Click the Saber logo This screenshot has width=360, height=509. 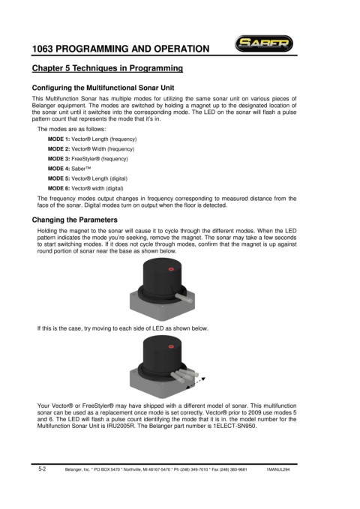click(264, 43)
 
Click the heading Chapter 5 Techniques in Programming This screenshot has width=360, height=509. click(107, 68)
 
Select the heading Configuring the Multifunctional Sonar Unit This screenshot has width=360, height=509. click(103, 88)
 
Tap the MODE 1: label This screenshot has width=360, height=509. click(58, 139)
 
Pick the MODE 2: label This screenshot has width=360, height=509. click(58, 149)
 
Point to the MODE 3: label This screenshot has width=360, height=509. click(58, 159)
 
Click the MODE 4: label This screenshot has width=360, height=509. click(58, 169)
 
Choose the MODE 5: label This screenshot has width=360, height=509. click(58, 178)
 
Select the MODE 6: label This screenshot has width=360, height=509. click(58, 188)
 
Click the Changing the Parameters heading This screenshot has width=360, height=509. click(75, 220)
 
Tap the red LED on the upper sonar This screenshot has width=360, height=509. click(170, 269)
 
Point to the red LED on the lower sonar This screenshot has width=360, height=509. click(171, 346)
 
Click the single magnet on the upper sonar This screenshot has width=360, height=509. click(184, 298)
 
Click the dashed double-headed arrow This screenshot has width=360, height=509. click(196, 382)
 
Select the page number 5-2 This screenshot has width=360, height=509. click(42, 469)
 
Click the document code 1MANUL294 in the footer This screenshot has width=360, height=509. click(277, 469)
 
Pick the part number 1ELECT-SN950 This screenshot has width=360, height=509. click(235, 427)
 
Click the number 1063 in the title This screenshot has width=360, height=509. click(42, 49)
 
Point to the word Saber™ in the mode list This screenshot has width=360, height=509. click(81, 169)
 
